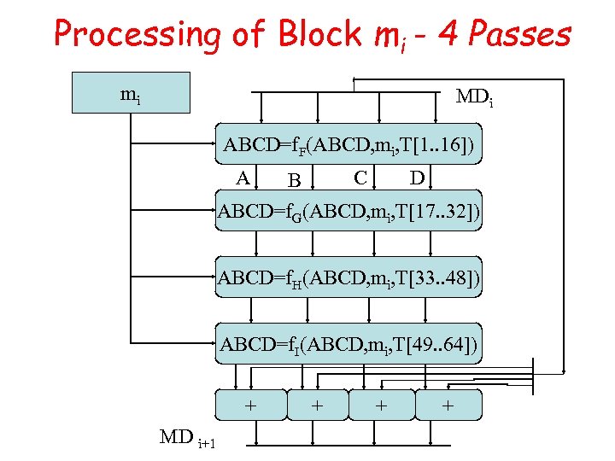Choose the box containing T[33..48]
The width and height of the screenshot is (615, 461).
pos(348,277)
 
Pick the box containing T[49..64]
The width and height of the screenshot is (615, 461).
pos(348,343)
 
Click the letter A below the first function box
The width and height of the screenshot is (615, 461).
pos(243,178)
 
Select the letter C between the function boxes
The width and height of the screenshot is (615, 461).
pos(361,178)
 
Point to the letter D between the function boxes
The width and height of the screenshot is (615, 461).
pos(417,178)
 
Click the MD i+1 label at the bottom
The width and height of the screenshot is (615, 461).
pos(187,439)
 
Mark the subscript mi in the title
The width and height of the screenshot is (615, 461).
pos(366,38)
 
